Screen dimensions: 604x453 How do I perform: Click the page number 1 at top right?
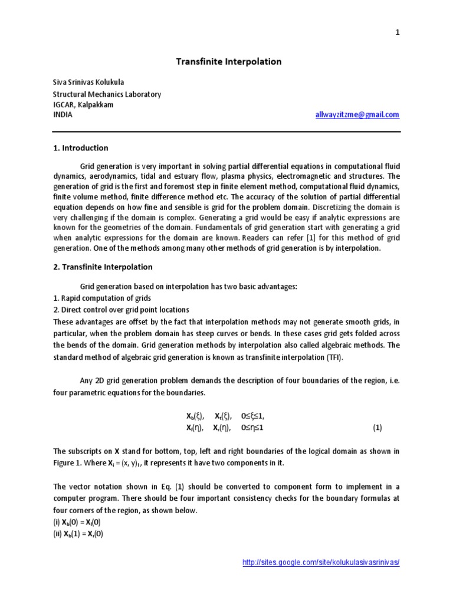[x=398, y=33]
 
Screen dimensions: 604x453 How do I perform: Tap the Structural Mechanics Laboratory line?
[x=107, y=94]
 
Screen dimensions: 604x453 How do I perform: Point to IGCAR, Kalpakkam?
[x=83, y=104]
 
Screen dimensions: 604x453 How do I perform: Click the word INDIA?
[x=63, y=115]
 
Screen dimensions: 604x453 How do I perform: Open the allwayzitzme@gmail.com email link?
[x=357, y=115]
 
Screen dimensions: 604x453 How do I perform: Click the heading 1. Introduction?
[x=81, y=148]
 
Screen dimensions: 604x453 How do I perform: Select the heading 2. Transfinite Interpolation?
[x=103, y=267]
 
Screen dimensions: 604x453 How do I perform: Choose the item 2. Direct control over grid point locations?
[x=121, y=309]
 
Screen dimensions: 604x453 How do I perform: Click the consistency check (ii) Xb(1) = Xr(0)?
[x=78, y=534]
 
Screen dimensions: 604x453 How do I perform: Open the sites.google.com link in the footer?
[x=321, y=563]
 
